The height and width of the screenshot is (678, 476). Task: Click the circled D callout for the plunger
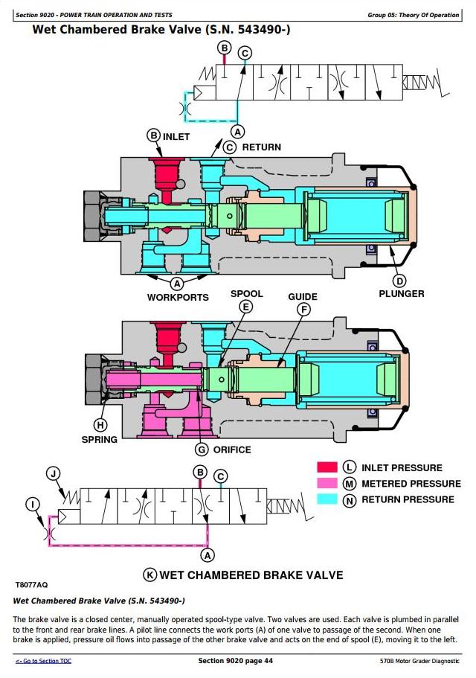tap(399, 280)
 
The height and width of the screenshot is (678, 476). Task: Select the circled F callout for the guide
tap(303, 310)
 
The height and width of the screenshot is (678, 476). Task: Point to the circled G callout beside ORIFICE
tap(201, 449)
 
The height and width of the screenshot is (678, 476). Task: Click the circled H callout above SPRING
tap(100, 425)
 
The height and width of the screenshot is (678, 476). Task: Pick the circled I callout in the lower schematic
tap(32, 505)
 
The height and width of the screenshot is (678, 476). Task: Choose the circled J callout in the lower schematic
tap(53, 473)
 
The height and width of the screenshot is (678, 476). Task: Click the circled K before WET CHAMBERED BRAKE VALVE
tap(150, 575)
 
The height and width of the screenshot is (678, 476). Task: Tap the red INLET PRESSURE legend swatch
tap(327, 467)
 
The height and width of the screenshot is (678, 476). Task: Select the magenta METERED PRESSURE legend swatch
tap(327, 484)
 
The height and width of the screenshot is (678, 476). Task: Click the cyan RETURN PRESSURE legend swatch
tap(327, 499)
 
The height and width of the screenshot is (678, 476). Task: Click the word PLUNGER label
tap(402, 294)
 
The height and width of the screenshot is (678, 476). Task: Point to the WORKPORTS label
tap(178, 297)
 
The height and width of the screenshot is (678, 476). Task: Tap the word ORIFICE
tap(232, 450)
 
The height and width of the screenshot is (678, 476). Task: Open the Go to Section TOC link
tap(44, 661)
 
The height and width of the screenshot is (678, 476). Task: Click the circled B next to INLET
tap(153, 135)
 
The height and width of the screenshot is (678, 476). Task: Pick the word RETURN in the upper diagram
tap(261, 147)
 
